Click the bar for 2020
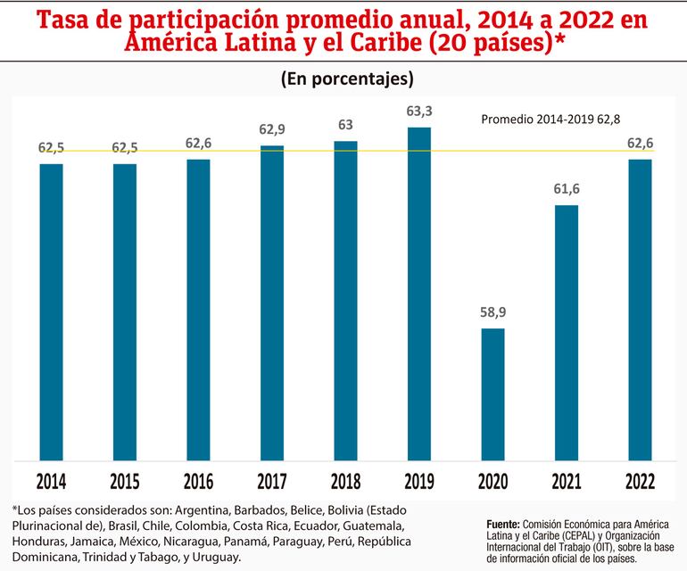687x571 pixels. tap(492, 394)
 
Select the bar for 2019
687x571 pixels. tap(418, 294)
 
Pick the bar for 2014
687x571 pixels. tap(51, 312)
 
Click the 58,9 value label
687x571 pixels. tap(492, 313)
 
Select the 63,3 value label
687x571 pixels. tap(419, 112)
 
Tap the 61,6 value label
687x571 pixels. tap(567, 190)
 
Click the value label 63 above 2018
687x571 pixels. tap(345, 125)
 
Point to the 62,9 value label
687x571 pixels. tap(272, 130)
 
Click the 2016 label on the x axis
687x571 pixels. tap(198, 482)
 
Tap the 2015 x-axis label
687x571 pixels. tap(124, 482)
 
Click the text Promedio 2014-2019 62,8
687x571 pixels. tap(551, 119)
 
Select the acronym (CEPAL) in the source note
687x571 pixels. tap(590, 535)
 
